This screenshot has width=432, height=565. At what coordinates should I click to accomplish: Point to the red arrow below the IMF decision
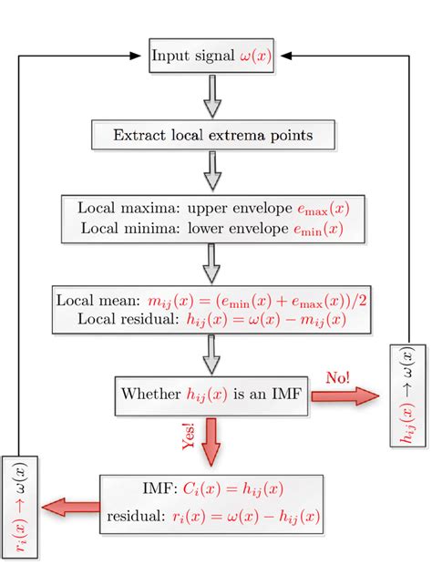(x=211, y=439)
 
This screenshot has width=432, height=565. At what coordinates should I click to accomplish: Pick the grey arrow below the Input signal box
(x=212, y=96)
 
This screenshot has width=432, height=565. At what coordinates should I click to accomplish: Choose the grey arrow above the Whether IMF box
(x=212, y=351)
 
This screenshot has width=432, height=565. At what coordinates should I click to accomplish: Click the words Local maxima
(x=118, y=208)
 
